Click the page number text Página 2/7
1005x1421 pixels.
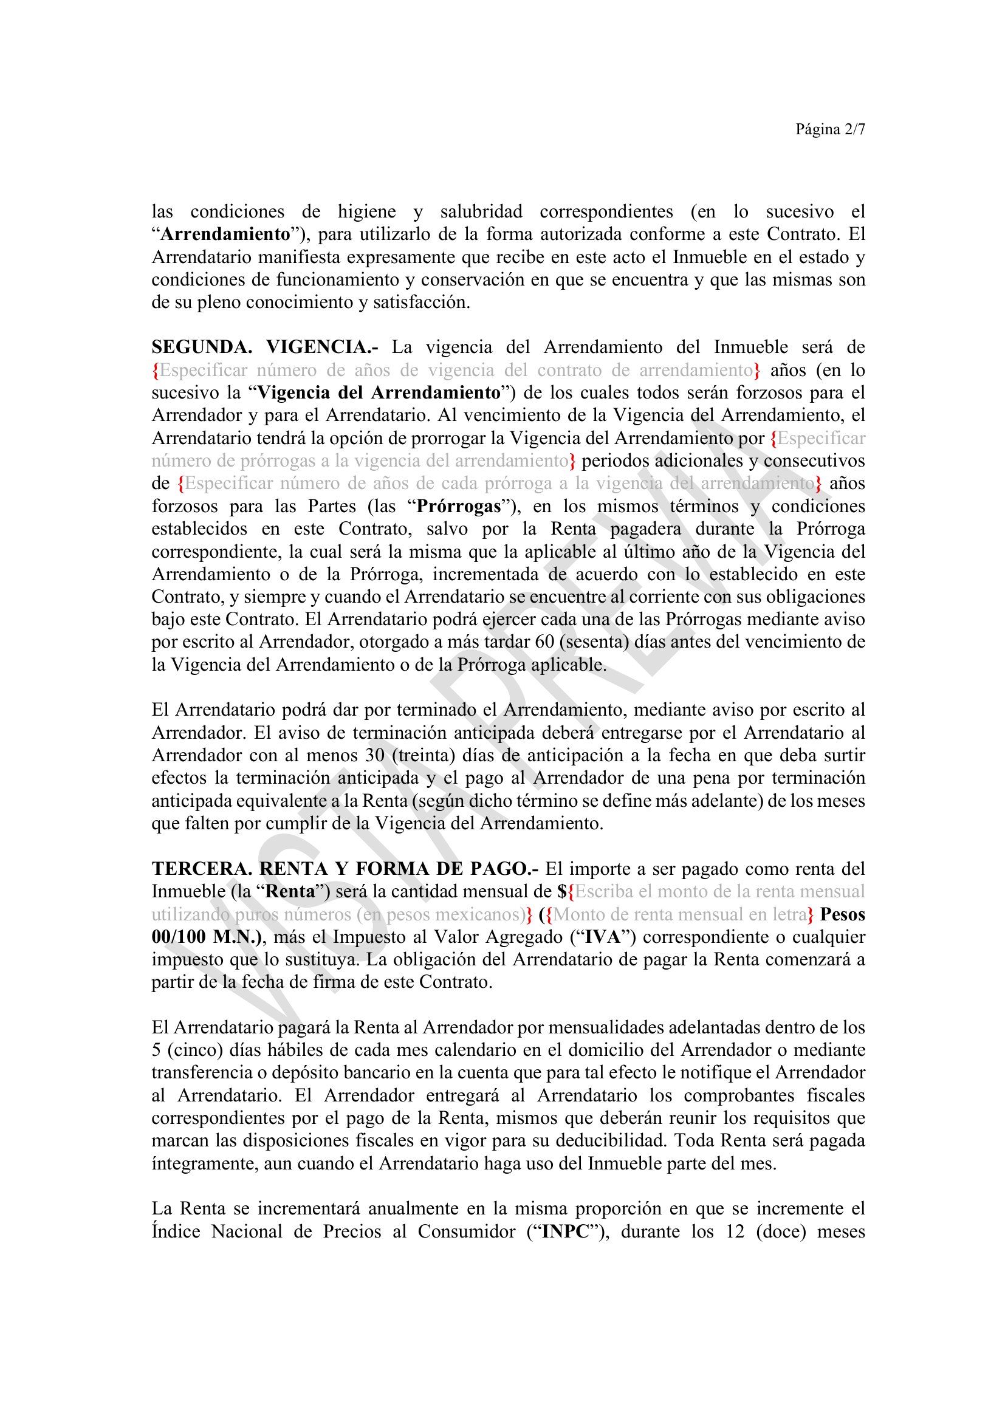coord(830,129)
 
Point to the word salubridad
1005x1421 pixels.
coord(481,211)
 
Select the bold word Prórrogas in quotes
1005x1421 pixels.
coord(459,506)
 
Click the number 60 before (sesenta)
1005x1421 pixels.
coord(544,642)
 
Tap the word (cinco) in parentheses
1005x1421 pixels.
coord(193,1051)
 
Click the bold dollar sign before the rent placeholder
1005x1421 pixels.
coord(562,892)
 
